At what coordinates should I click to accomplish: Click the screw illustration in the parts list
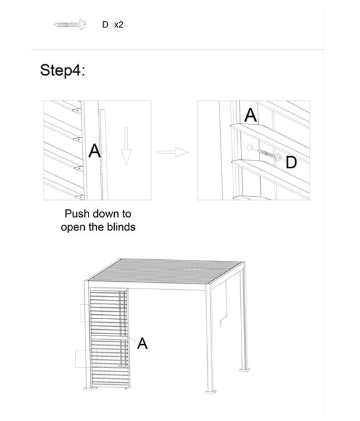(71, 25)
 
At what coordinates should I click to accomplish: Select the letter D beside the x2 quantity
(105, 25)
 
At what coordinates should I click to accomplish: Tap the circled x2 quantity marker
(119, 25)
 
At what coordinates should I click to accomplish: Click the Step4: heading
(62, 71)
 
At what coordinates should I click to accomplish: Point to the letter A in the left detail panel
(95, 151)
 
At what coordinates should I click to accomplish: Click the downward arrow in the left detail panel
(126, 146)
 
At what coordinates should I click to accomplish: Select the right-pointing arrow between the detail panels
(172, 152)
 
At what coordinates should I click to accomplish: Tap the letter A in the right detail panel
(251, 115)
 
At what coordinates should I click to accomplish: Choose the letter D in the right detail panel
(291, 162)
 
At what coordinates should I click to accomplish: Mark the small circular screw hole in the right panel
(250, 147)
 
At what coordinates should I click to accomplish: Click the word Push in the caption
(77, 214)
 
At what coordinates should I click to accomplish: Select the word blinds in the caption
(121, 227)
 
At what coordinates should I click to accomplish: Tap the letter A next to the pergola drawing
(142, 344)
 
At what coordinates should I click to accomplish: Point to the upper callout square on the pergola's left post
(91, 313)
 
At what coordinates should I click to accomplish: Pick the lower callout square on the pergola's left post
(86, 359)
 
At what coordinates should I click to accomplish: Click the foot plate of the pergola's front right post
(211, 392)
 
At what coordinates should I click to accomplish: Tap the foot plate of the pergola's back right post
(245, 370)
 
